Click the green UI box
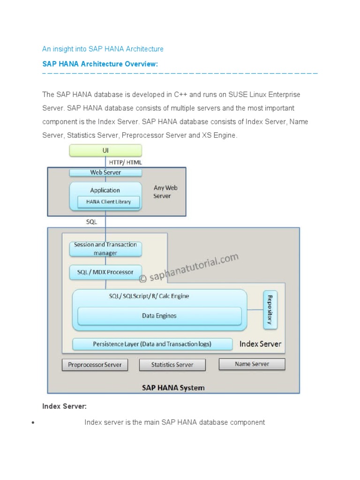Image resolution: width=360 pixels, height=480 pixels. (x=105, y=150)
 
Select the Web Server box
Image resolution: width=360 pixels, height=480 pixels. (x=105, y=172)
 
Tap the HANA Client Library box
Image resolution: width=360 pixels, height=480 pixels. (x=108, y=202)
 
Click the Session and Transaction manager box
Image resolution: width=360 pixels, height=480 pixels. (x=105, y=249)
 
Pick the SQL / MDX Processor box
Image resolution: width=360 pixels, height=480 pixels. (x=105, y=272)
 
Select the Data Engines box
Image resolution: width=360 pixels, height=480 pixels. (x=159, y=316)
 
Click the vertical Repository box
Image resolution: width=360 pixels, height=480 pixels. (x=270, y=309)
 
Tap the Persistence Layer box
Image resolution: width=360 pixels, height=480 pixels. (x=152, y=344)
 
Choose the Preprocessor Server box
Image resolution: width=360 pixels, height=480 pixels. (x=95, y=365)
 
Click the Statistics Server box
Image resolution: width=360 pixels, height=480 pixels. (x=172, y=365)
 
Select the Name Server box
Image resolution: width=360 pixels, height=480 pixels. (x=252, y=364)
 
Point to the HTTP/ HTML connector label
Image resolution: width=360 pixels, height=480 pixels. (x=125, y=162)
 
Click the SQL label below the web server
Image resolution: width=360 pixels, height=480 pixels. (x=91, y=222)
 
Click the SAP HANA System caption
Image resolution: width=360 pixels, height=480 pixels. (x=173, y=388)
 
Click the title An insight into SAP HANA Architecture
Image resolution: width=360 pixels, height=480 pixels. (x=103, y=49)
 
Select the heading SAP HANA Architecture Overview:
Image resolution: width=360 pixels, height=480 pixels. (x=100, y=64)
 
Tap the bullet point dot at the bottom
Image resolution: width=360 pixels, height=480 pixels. (x=33, y=423)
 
